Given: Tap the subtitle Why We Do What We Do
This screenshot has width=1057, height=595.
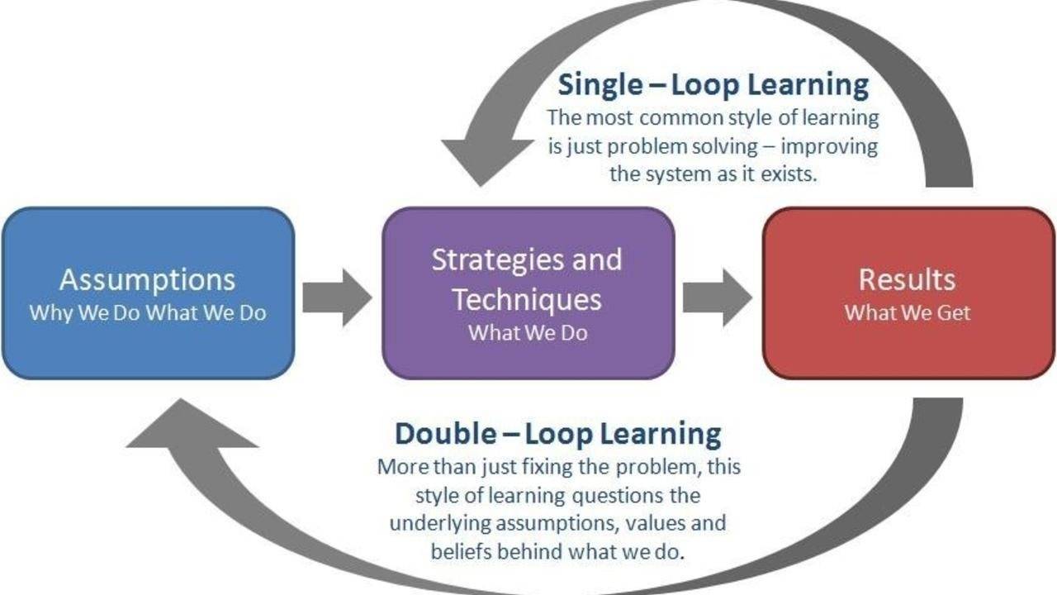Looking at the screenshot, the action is pos(148,313).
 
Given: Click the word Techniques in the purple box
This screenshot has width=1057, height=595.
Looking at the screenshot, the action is pos(527,300).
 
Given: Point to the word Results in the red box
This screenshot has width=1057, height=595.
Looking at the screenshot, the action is pos(907,279).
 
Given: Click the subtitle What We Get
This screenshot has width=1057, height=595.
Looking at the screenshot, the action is pos(908,313).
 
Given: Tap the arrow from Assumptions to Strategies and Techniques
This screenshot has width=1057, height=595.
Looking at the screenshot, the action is pos(338,297).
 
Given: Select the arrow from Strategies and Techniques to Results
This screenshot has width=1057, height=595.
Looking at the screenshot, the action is pos(718,297).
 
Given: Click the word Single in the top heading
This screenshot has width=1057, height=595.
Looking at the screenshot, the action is pos(600,85).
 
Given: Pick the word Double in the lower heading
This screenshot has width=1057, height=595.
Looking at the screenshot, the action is pos(445,434).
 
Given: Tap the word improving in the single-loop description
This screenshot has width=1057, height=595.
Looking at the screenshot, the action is pos(829,147).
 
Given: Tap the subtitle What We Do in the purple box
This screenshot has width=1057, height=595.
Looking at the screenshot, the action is pos(528,333).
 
